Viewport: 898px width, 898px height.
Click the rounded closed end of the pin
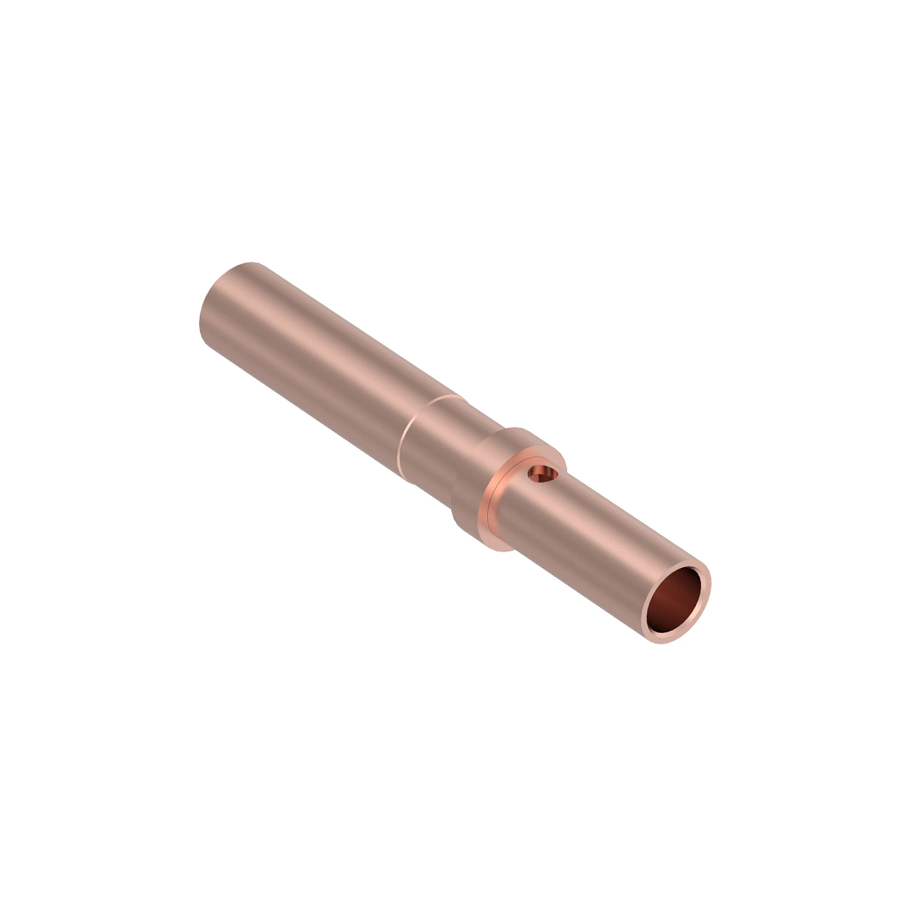tap(224, 307)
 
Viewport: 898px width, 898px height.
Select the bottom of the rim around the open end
tap(662, 640)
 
